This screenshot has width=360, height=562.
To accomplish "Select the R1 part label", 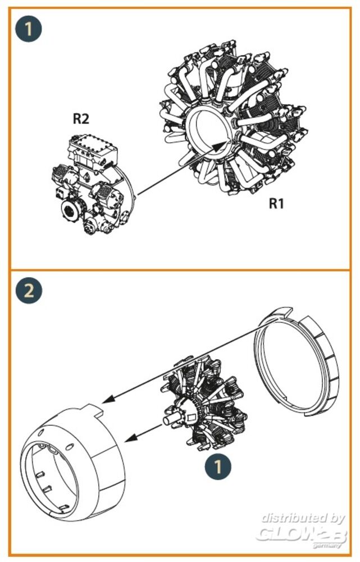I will coord(276,203).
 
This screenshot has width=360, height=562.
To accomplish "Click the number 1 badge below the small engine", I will coord(218,465).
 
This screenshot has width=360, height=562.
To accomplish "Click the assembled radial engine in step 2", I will coord(205,405).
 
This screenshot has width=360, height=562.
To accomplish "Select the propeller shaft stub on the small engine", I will coord(168,419).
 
